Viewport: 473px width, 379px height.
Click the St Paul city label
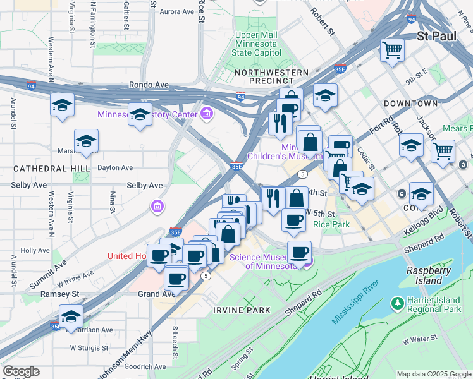[x=437, y=36]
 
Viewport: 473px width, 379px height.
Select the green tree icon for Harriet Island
[x=398, y=303]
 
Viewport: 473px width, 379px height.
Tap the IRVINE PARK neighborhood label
[x=242, y=310]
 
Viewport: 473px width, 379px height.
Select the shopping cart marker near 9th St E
[x=393, y=50]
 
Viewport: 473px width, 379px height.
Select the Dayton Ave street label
[x=114, y=167]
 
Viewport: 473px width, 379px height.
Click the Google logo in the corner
[x=21, y=371]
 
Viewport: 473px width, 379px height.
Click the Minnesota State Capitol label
[x=261, y=44]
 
